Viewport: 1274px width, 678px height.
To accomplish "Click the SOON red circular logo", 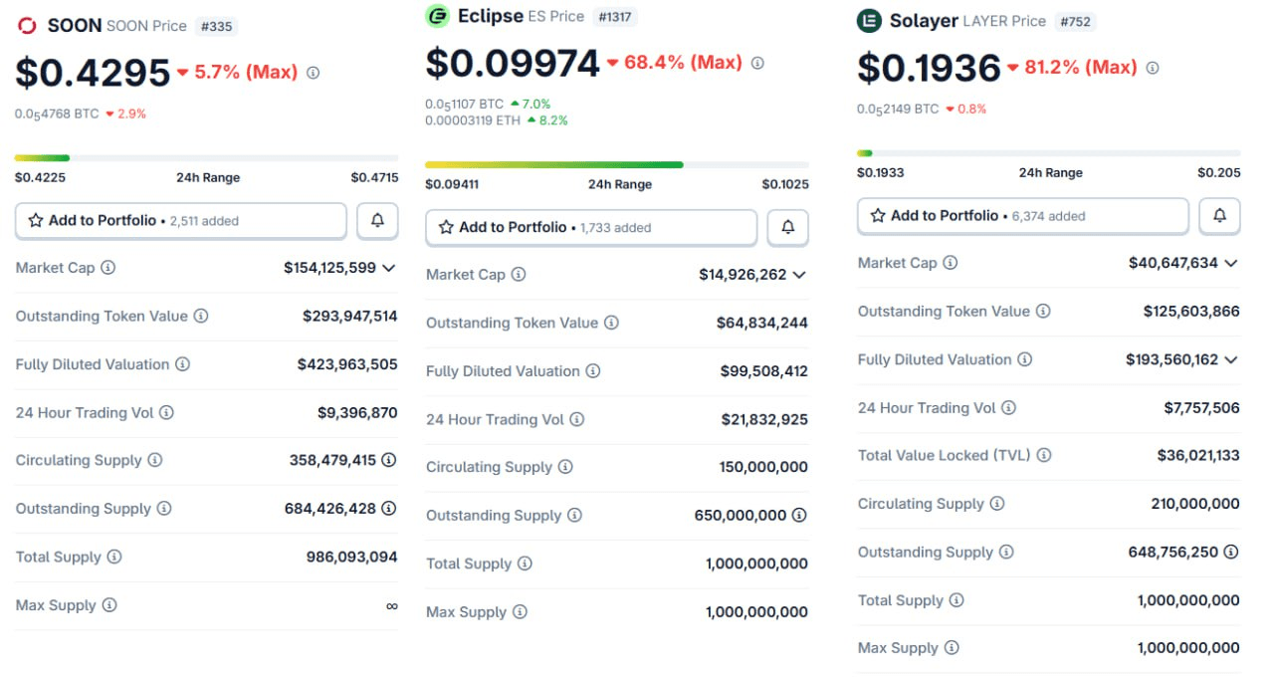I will coord(27,26).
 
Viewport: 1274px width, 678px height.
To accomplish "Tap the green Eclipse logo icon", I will coord(437,16).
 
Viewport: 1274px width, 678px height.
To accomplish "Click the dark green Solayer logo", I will coord(869,20).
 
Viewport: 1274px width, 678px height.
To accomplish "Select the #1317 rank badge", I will coord(615,17).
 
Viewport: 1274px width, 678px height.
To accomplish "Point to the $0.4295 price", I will coord(93,73).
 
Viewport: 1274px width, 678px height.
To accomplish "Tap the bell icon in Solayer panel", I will coord(1219,215).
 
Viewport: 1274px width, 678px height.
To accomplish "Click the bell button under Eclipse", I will coord(787,227).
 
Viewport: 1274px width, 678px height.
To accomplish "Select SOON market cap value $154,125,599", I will coord(329,268).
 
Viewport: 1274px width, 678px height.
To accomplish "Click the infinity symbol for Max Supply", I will coord(391,605).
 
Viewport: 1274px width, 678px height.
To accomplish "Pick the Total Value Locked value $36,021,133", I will coord(1183,455).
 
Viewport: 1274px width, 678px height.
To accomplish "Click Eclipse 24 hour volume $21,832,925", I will coord(763,419).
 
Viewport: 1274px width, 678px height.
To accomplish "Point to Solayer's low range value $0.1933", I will coord(880,172).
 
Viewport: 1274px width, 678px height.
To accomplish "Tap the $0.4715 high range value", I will coord(374,177).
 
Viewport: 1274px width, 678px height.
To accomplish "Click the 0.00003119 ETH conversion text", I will coord(474,120).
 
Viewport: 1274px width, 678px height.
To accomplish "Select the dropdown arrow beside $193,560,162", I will coord(1231,359).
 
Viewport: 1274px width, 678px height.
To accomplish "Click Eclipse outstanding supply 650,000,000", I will coord(740,515).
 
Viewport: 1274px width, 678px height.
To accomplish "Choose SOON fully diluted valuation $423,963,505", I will coord(346,364).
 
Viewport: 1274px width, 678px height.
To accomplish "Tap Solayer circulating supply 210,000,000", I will coord(1194,504).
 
